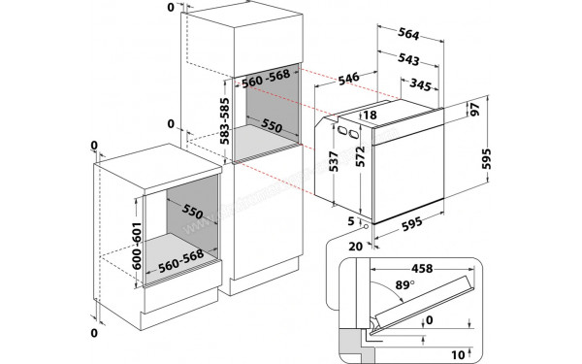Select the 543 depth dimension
408,60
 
